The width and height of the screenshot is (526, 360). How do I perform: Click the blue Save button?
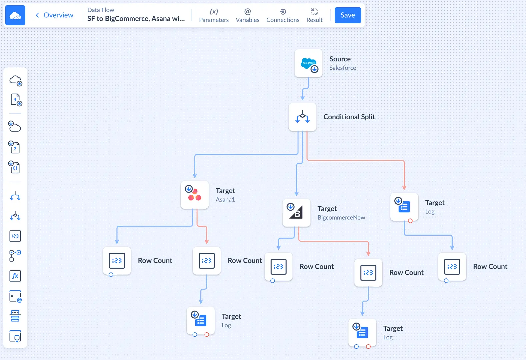pyautogui.click(x=348, y=15)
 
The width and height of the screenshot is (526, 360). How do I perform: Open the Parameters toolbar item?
pyautogui.click(x=214, y=15)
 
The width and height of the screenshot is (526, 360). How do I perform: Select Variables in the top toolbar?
pyautogui.click(x=247, y=15)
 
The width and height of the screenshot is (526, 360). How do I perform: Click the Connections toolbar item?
pyautogui.click(x=283, y=15)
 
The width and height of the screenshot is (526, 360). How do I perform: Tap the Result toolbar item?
pyautogui.click(x=314, y=15)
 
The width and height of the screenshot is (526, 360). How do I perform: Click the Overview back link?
pyautogui.click(x=55, y=15)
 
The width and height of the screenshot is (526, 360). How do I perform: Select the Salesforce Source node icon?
pyautogui.click(x=308, y=63)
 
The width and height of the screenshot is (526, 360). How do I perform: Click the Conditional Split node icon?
pyautogui.click(x=302, y=117)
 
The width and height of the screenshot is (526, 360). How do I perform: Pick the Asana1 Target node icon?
pyautogui.click(x=195, y=195)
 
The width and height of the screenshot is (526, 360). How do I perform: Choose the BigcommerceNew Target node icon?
pyautogui.click(x=296, y=213)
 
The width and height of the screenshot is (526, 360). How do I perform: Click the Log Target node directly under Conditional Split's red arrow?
pyautogui.click(x=404, y=207)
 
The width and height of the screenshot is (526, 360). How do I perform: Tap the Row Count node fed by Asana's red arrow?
pyautogui.click(x=207, y=261)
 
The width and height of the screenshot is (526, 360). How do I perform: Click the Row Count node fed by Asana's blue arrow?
pyautogui.click(x=117, y=261)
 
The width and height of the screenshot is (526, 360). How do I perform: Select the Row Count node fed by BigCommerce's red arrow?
pyautogui.click(x=368, y=273)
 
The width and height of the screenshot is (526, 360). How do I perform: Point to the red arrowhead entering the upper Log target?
pyautogui.click(x=404, y=188)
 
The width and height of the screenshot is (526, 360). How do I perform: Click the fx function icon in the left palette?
pyautogui.click(x=15, y=276)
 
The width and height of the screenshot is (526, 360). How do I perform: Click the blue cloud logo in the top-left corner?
pyautogui.click(x=15, y=15)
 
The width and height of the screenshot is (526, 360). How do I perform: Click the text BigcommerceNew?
pyautogui.click(x=341, y=218)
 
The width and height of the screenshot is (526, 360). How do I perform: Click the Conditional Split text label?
pyautogui.click(x=349, y=117)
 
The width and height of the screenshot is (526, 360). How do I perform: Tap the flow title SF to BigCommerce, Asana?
pyautogui.click(x=136, y=19)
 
